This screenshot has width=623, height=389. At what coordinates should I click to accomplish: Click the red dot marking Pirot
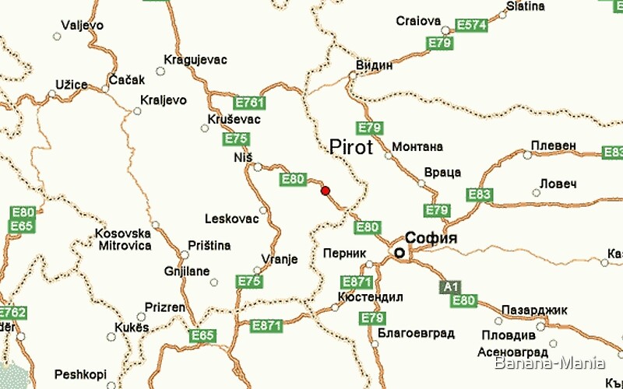[x=326, y=191]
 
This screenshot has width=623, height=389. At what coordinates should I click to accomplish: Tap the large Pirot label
[x=351, y=147]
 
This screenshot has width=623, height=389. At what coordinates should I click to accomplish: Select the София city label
[x=430, y=238]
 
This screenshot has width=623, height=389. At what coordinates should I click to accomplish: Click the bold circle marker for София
[x=399, y=253]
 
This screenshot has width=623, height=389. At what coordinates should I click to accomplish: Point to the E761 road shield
[x=249, y=103]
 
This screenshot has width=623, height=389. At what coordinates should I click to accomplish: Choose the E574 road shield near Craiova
[x=471, y=25]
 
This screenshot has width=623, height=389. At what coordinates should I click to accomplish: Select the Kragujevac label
[x=195, y=60]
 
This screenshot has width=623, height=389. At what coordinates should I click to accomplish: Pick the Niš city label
[x=243, y=157]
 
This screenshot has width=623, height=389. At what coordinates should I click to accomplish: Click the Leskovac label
[x=231, y=219]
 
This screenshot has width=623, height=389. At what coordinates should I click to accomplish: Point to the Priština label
[x=209, y=246]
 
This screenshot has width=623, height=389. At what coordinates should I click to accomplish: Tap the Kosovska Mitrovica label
[x=123, y=240]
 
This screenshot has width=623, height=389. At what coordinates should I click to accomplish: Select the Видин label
[x=374, y=65]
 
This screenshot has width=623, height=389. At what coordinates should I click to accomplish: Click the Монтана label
[x=417, y=146]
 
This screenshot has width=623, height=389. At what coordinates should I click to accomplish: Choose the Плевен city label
[x=554, y=145]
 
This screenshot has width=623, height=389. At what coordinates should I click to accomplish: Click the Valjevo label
[x=82, y=25]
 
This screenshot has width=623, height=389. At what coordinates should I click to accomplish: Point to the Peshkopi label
[x=79, y=374]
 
